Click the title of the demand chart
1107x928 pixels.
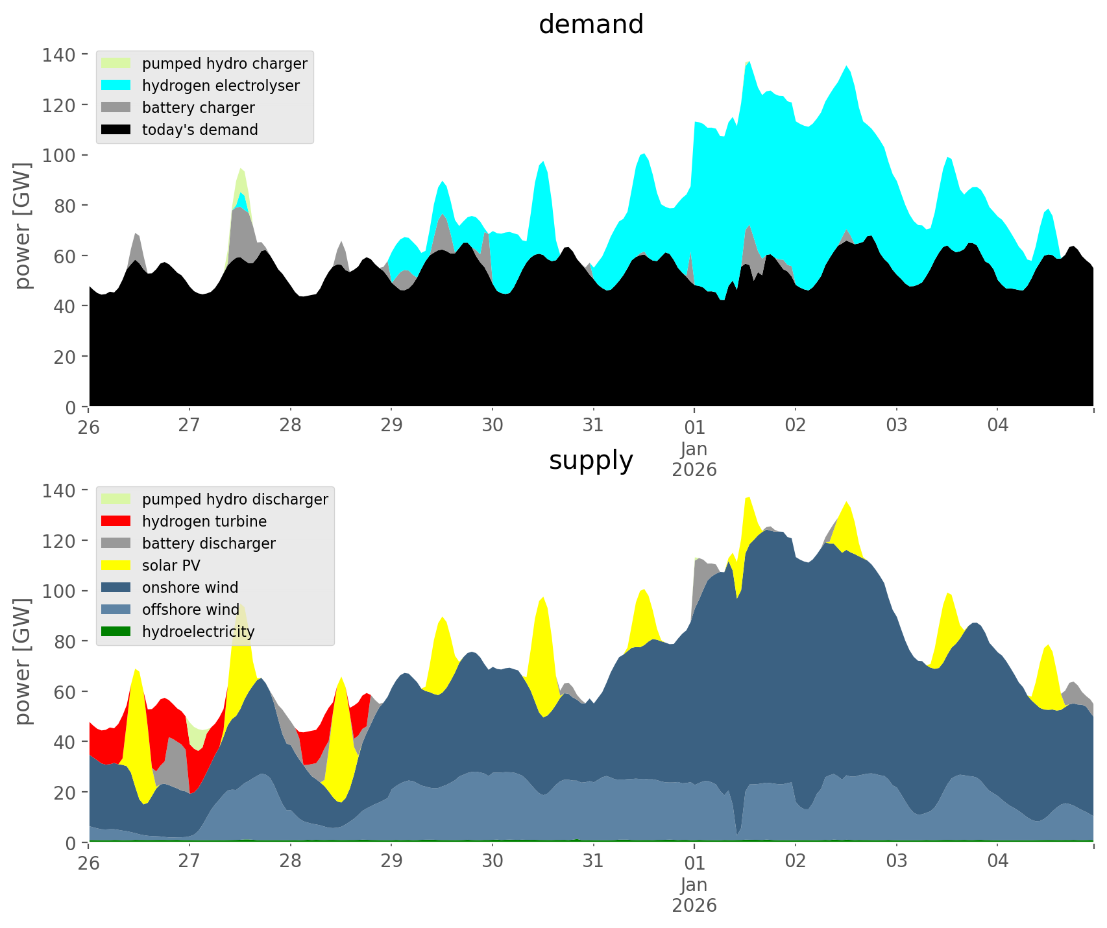point(590,25)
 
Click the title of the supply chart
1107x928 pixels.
point(590,460)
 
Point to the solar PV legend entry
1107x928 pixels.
point(171,565)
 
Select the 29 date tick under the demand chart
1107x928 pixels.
point(391,425)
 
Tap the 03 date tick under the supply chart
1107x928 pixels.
point(896,861)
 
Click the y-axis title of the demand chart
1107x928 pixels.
point(23,226)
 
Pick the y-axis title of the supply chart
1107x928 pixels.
point(23,661)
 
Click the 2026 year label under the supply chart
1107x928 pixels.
point(694,905)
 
